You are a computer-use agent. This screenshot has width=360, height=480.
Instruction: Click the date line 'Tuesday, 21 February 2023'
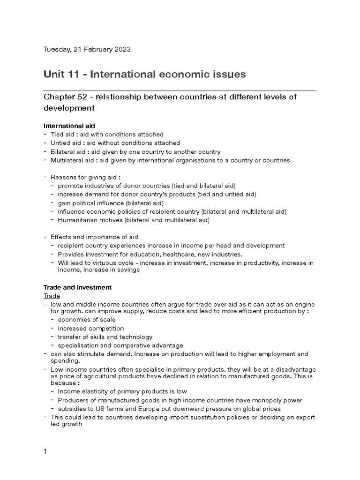tap(87, 49)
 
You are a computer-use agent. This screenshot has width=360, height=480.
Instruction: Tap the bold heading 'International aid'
tap(69, 126)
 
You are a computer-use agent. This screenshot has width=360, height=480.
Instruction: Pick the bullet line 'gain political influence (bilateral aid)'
tap(110, 203)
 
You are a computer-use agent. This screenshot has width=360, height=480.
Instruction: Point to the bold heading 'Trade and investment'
tap(77, 287)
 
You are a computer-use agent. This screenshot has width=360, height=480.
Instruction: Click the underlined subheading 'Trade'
tap(52, 296)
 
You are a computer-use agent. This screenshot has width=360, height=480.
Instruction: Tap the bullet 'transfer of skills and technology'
tap(105, 337)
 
